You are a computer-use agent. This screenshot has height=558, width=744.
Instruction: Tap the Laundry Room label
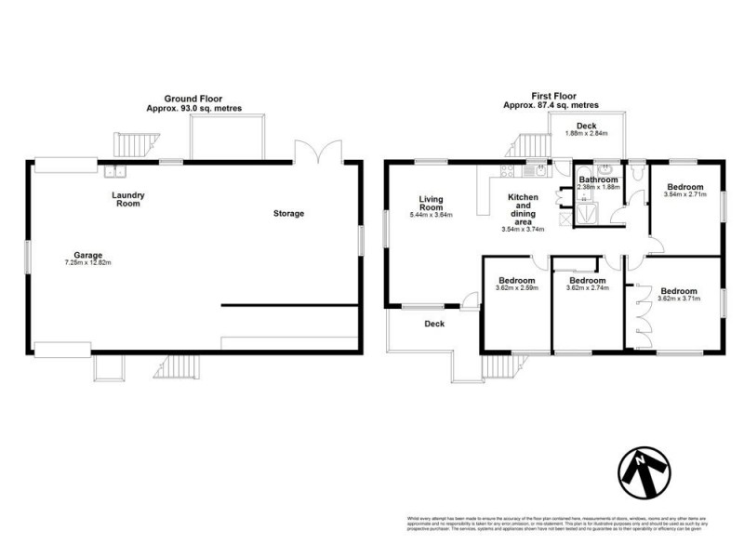(127, 199)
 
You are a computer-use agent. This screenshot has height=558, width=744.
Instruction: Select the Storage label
(288, 214)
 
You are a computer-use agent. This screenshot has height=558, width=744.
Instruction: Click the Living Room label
(432, 202)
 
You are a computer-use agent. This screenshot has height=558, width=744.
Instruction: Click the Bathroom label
(598, 179)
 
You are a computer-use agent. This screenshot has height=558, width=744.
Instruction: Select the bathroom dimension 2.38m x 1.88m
(598, 188)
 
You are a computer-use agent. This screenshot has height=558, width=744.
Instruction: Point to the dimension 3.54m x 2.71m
(684, 194)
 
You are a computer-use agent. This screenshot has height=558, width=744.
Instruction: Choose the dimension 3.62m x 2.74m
(587, 288)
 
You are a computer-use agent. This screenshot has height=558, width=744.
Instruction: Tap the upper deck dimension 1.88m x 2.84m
(586, 134)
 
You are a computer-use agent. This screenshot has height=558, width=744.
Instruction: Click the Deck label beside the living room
(433, 325)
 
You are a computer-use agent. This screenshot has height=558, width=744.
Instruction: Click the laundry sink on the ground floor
(115, 170)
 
